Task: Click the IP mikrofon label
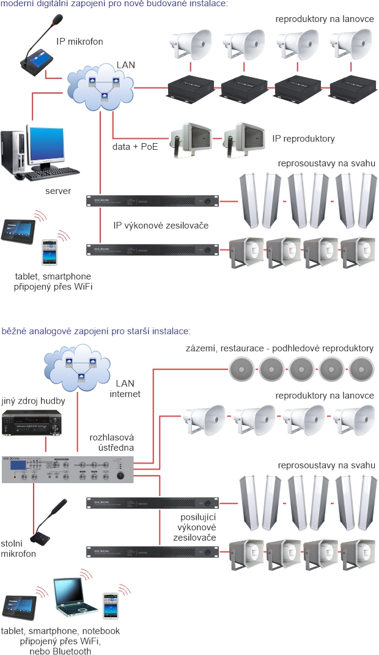[x=79, y=42]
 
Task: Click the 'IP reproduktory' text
[x=303, y=139]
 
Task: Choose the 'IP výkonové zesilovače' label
[x=161, y=226]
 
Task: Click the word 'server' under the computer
[x=58, y=191]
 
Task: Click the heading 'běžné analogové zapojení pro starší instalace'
[x=96, y=331]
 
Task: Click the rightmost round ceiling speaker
[x=361, y=368]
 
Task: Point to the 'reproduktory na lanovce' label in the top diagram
[x=324, y=20]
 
